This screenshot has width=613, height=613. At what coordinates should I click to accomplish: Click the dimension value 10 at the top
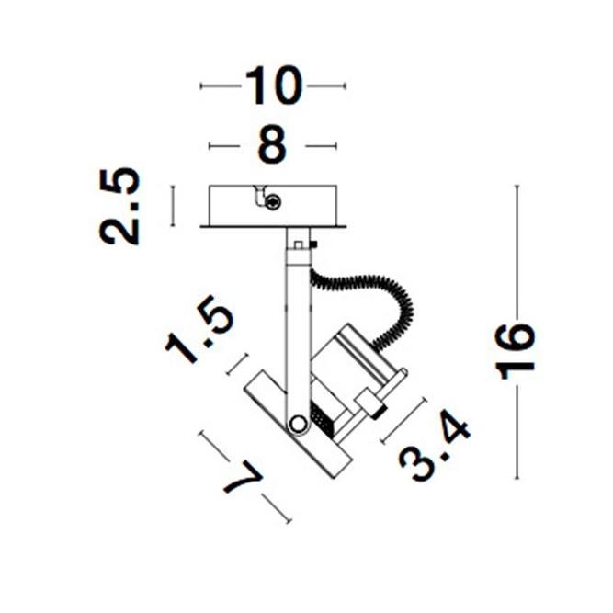(274, 86)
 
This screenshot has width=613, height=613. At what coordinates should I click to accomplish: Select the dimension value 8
(272, 145)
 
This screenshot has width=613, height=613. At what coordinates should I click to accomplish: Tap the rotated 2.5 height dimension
(121, 206)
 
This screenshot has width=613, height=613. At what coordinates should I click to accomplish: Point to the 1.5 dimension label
(199, 332)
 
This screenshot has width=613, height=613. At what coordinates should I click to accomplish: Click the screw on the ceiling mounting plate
(273, 202)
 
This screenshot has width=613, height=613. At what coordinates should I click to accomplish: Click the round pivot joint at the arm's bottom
(298, 424)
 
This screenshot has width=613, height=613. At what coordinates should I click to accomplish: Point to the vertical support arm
(295, 322)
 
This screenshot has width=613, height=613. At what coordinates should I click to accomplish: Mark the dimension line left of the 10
(221, 86)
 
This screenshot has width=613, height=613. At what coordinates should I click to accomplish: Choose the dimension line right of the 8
(321, 145)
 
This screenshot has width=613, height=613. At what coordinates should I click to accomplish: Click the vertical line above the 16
(517, 248)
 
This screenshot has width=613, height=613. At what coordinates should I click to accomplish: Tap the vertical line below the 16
(517, 432)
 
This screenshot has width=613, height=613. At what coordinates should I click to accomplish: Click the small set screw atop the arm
(314, 244)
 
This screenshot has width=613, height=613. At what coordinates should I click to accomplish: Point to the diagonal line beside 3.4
(403, 421)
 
